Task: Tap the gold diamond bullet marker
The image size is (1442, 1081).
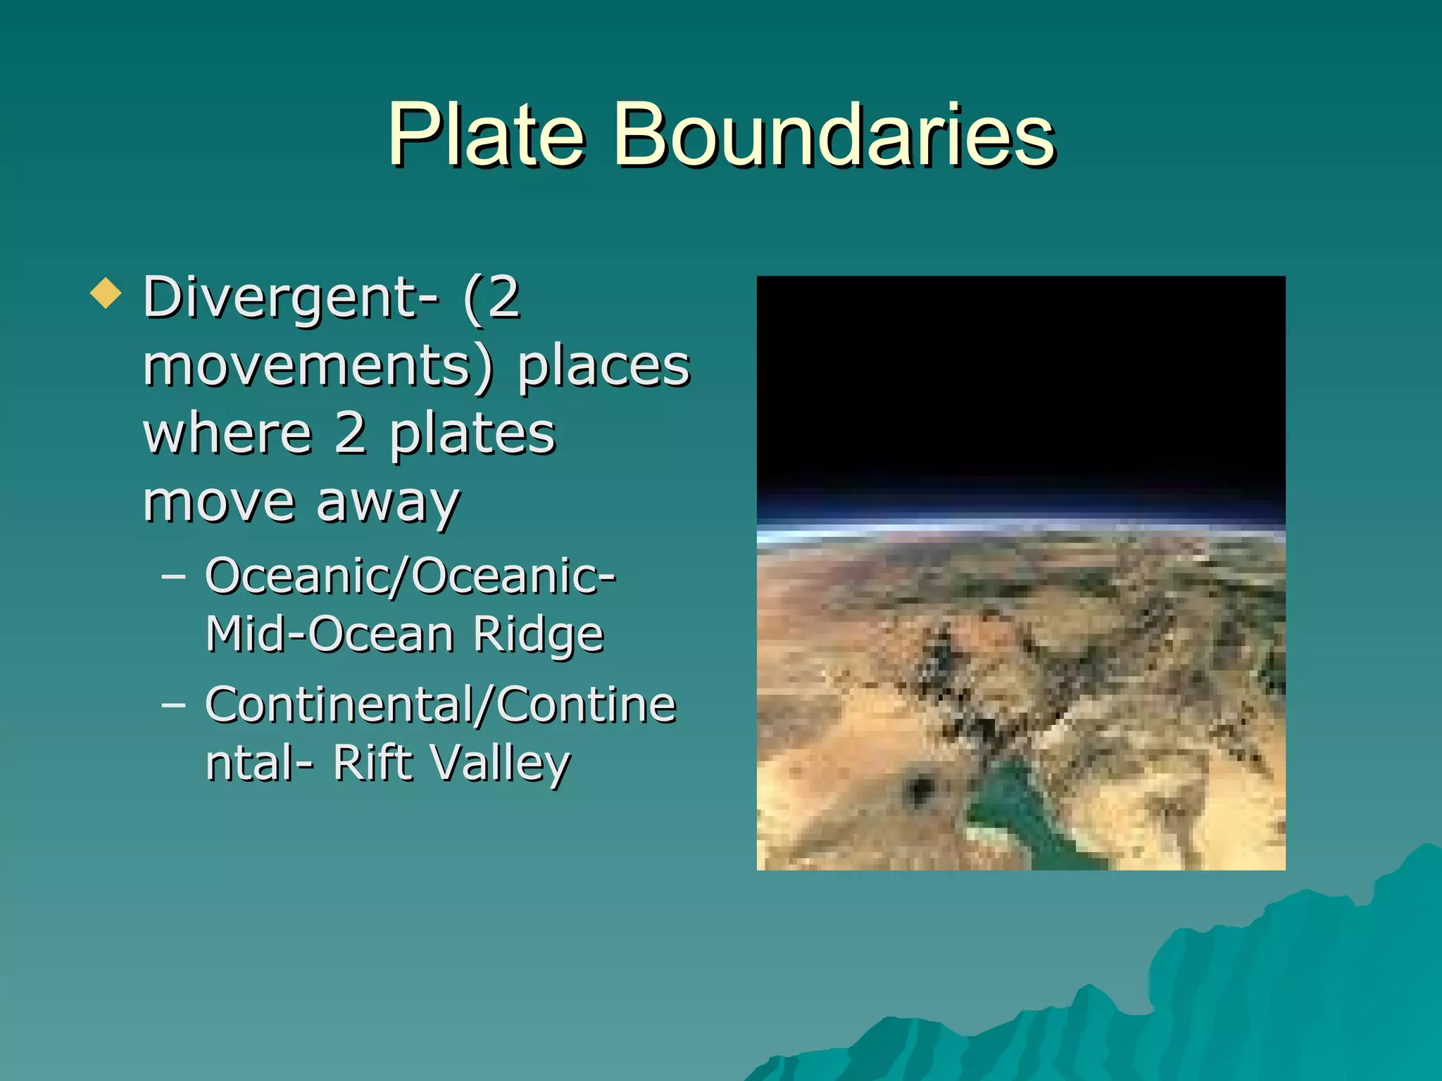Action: tap(106, 293)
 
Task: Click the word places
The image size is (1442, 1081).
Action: tap(603, 367)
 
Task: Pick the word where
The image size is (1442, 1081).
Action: tap(227, 434)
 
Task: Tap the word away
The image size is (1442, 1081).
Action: tap(387, 503)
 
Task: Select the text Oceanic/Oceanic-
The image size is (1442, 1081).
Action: tap(410, 576)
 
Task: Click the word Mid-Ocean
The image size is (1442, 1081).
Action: tap(330, 635)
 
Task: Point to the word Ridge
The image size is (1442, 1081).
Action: tap(538, 635)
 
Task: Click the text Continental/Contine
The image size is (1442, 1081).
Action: tap(441, 704)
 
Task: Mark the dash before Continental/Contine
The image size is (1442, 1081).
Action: tap(173, 704)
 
